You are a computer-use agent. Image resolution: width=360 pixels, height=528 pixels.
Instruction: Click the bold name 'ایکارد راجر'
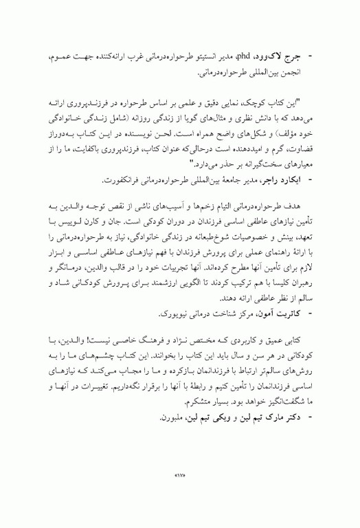tap(279, 179)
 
